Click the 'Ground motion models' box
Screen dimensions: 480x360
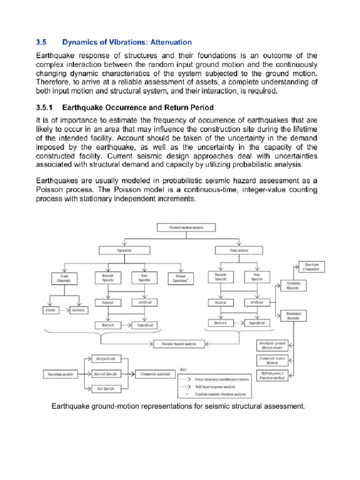tap(186, 228)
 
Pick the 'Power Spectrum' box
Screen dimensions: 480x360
tap(180, 278)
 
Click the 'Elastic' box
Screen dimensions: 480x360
tap(50, 310)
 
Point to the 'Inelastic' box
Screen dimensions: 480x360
tap(78, 310)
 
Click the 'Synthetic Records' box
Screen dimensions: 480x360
tap(293, 285)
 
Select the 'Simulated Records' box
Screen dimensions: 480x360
tap(293, 315)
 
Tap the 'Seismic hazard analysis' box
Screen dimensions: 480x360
tap(180, 344)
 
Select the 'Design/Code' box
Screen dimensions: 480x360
tap(105, 359)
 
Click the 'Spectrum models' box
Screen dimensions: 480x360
tap(60, 374)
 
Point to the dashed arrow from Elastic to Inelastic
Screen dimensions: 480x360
tap(64, 310)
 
